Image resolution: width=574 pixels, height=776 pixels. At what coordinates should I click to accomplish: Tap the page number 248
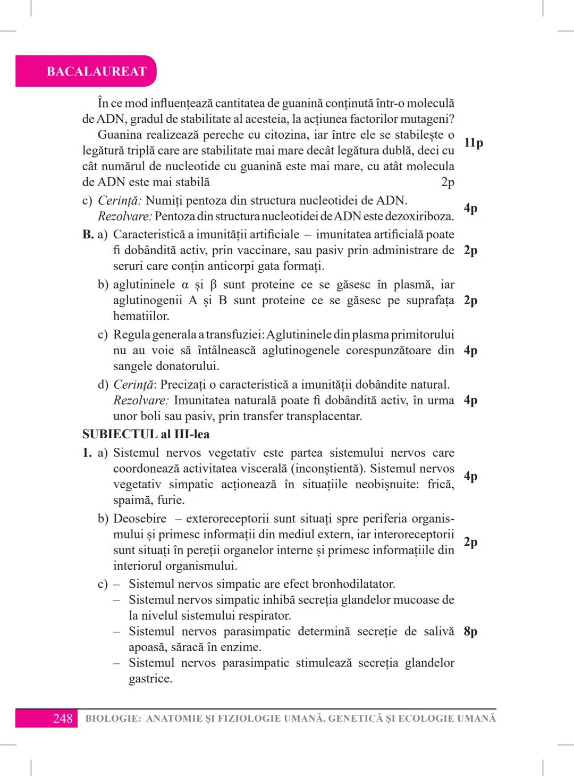click(62, 719)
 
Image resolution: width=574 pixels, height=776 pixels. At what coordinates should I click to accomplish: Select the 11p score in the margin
click(473, 143)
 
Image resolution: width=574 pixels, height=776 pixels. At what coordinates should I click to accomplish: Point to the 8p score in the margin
click(470, 631)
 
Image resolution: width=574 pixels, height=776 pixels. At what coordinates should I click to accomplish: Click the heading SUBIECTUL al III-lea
click(146, 435)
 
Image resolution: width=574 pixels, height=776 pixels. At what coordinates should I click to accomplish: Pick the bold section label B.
click(88, 235)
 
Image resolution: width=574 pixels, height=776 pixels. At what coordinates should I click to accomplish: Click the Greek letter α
click(185, 285)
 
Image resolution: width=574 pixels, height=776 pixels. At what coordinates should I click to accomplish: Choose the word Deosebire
click(140, 519)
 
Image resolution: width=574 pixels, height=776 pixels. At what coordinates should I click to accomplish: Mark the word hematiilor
click(141, 316)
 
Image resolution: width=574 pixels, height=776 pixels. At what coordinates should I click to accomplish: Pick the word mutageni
click(428, 119)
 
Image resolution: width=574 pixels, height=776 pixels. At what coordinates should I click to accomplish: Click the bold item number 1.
click(87, 453)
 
